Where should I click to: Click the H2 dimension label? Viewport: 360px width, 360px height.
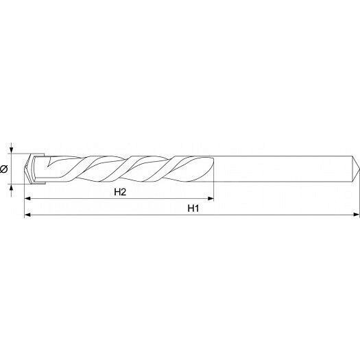(120, 192)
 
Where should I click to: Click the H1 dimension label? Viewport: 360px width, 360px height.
(193, 208)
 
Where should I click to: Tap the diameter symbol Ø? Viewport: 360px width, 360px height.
(4, 169)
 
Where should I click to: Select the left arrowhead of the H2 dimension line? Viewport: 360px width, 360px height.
(27, 199)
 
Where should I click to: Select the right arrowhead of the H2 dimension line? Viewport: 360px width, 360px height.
(211, 199)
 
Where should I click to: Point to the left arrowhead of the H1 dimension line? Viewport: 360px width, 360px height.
(27, 215)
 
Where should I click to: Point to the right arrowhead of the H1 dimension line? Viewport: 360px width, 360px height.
(357, 215)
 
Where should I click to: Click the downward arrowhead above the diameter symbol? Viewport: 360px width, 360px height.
(12, 150)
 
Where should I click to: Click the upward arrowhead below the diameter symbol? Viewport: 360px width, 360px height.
(12, 187)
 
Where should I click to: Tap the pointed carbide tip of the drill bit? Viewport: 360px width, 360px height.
(25, 169)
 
